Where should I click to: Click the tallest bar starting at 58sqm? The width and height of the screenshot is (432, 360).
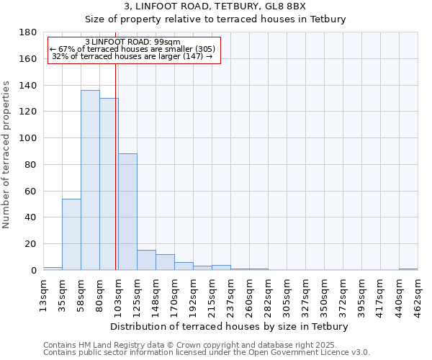90,180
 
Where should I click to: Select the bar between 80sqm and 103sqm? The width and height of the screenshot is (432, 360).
109,184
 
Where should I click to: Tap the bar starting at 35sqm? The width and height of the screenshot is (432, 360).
71,234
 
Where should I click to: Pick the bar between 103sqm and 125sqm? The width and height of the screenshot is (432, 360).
127,212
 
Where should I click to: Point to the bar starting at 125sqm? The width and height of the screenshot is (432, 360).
146,260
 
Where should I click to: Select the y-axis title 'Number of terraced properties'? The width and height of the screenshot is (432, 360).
6,154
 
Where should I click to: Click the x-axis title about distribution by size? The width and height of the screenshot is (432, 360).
230,326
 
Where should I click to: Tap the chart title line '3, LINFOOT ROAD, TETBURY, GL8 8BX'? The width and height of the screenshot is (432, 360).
215,6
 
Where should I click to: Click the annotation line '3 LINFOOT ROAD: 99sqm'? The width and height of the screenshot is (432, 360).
132,42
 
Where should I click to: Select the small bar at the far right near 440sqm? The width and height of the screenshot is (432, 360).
408,269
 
